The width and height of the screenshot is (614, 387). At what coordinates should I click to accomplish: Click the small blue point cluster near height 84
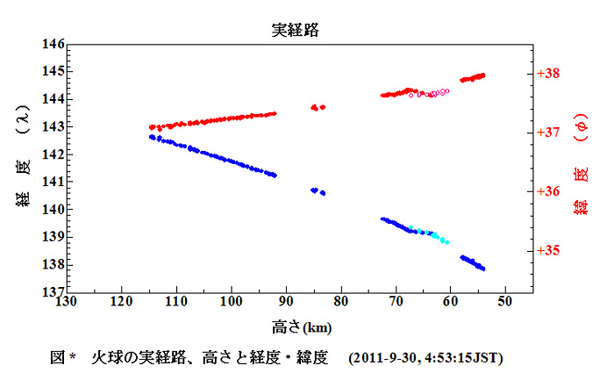click(318, 191)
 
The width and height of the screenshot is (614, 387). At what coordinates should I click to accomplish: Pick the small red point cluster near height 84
click(318, 107)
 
